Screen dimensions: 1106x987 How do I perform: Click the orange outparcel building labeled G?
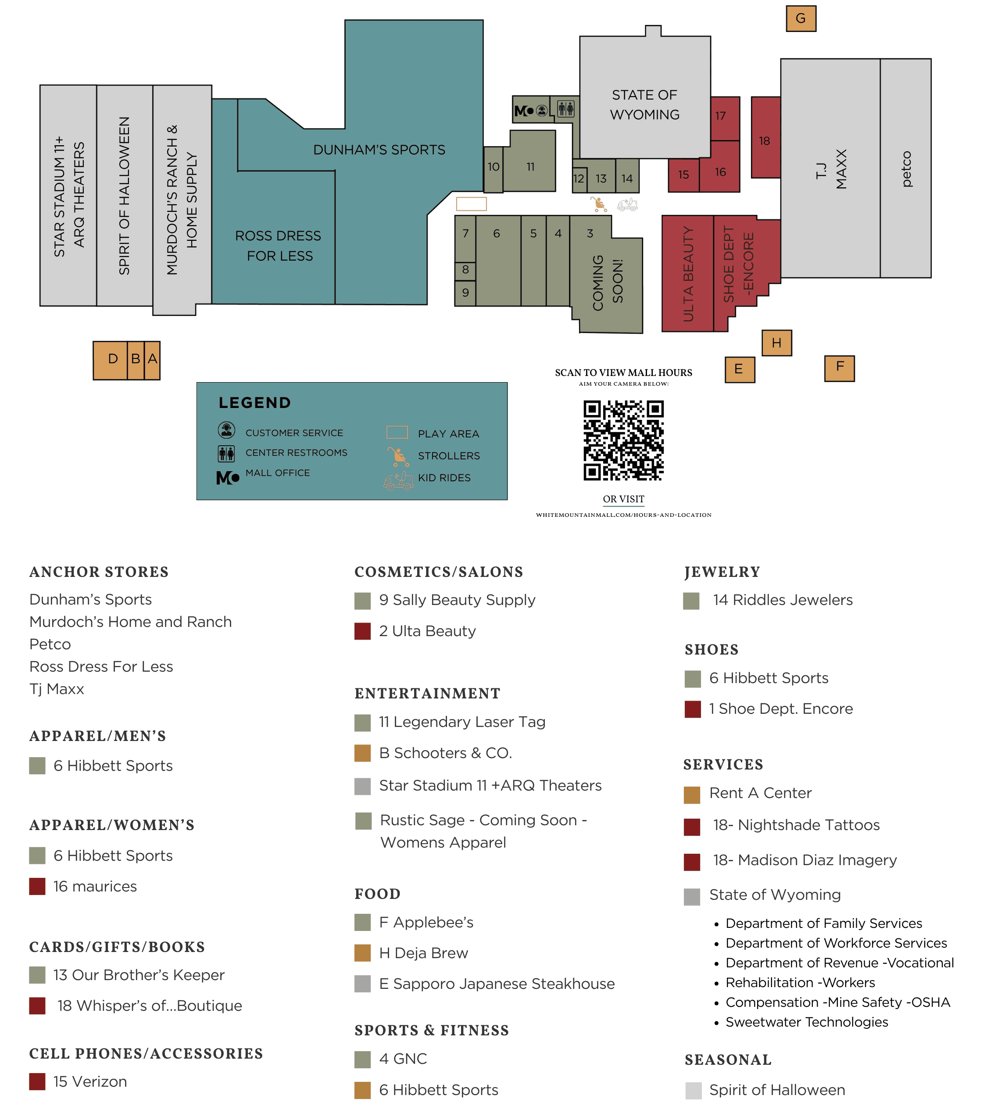801,18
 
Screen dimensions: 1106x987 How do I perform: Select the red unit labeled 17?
725,117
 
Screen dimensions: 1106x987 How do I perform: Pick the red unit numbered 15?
683,175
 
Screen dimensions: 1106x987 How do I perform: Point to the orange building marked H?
776,343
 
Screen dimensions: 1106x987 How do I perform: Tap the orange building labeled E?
739,369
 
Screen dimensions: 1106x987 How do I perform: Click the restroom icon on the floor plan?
565,109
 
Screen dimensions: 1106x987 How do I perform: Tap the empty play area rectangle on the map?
471,204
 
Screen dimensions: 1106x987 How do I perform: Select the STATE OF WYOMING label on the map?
644,105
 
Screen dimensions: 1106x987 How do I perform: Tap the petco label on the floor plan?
906,169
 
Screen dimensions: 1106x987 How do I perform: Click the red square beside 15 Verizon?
37,1081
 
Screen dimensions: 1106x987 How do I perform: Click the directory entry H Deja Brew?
423,952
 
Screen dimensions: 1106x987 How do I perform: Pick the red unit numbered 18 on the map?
765,140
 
